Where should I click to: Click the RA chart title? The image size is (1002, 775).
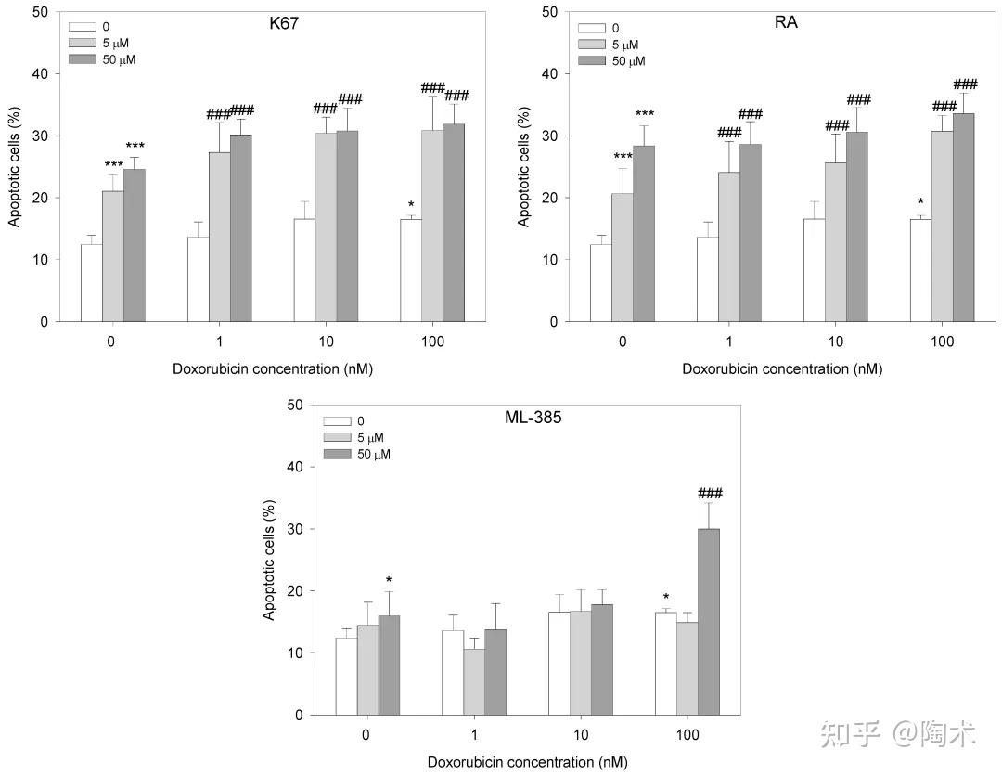[786, 23]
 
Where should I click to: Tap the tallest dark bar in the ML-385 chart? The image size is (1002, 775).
[709, 622]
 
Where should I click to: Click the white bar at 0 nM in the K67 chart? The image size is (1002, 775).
[92, 283]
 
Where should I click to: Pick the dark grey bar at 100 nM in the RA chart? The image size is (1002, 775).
[963, 217]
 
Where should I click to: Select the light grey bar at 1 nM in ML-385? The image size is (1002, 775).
[474, 682]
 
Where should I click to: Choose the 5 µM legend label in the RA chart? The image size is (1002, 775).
[621, 45]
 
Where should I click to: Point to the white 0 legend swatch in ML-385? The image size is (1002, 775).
[334, 421]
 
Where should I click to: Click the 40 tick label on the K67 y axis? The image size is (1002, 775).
[40, 74]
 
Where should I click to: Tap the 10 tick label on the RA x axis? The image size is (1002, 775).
[836, 342]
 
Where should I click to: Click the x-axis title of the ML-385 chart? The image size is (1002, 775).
[527, 762]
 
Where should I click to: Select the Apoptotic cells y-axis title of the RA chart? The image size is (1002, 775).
[524, 167]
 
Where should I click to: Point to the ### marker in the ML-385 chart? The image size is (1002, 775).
[709, 494]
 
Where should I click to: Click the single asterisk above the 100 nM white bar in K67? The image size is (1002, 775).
[410, 205]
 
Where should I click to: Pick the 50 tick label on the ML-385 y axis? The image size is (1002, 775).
[295, 406]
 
